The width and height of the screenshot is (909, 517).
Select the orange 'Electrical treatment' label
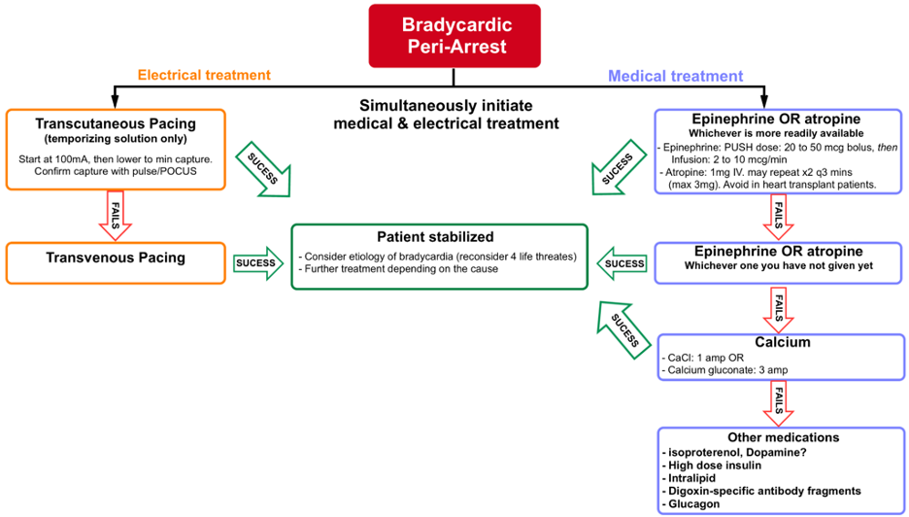204,75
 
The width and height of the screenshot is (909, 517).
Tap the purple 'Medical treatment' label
675,76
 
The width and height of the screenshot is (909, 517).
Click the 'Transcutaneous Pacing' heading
116,123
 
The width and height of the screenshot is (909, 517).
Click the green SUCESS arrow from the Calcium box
623,328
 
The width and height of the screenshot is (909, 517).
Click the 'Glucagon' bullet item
693,504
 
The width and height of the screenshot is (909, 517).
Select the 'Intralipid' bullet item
693,477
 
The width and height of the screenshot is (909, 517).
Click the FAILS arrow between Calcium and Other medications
778,403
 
